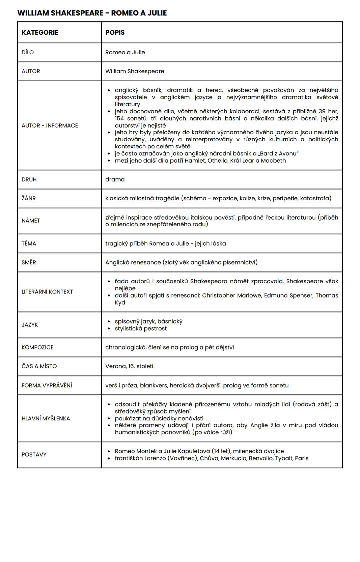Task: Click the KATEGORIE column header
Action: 40,33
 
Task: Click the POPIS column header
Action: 115,33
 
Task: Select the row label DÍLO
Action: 28,52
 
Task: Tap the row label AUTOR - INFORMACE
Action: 50,126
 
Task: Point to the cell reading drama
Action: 115,180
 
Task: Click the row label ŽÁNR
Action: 29,199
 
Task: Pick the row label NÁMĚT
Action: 31,221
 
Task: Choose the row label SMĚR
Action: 29,263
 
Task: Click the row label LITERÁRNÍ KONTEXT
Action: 47,292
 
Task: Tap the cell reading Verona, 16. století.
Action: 130,366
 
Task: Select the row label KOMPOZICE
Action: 37,347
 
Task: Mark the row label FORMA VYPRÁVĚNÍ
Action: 47,385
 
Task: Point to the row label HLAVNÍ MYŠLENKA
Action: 46,419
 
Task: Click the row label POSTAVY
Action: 34,455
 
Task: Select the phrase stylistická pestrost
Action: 141,328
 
